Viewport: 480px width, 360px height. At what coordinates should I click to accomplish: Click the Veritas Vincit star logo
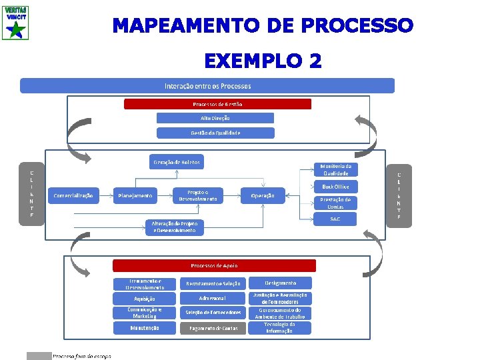click(15, 21)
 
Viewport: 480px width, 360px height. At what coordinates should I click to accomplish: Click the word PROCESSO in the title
click(357, 26)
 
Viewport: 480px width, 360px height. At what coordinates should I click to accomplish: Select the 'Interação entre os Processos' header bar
click(207, 86)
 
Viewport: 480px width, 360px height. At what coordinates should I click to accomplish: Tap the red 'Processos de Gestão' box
click(217, 104)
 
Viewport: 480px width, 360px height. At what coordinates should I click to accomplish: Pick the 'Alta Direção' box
click(215, 118)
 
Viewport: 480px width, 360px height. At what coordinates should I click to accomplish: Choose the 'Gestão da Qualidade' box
click(215, 132)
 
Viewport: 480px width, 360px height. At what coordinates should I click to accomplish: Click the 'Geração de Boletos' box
click(177, 162)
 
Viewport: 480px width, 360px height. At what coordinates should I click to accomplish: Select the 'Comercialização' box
click(73, 195)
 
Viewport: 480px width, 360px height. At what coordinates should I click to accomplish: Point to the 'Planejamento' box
click(135, 195)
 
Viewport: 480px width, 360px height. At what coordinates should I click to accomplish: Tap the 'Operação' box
click(262, 195)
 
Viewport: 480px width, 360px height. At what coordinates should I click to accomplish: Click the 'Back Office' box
click(335, 187)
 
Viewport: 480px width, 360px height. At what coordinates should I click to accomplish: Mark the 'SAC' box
click(335, 219)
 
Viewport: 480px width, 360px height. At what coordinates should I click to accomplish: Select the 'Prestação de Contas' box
click(335, 203)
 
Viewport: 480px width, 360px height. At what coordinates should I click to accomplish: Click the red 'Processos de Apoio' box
click(214, 265)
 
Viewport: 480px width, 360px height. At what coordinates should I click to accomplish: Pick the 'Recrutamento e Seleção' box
click(213, 283)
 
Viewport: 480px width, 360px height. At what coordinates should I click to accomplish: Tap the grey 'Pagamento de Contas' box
click(213, 328)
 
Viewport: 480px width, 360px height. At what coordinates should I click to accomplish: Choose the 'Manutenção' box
click(145, 328)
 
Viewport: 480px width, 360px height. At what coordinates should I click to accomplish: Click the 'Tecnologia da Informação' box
click(279, 328)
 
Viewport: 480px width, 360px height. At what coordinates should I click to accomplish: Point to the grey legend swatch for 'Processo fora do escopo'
click(39, 356)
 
